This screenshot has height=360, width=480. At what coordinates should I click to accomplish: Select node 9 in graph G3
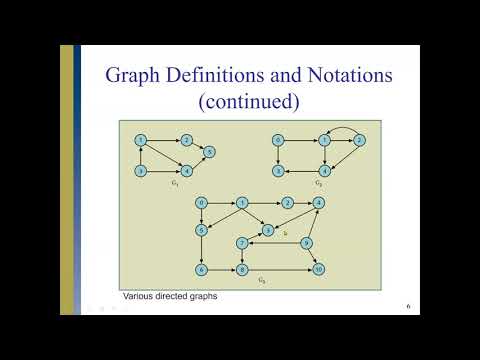pyautogui.click(x=307, y=243)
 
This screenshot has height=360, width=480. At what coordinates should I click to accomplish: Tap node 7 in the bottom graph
pyautogui.click(x=242, y=243)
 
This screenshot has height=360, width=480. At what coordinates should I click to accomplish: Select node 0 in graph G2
pyautogui.click(x=278, y=139)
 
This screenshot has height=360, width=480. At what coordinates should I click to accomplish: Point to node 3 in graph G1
pyautogui.click(x=142, y=171)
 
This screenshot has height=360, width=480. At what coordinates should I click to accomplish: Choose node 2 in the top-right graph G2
pyautogui.click(x=358, y=139)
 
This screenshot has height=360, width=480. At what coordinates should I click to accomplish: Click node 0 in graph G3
pyautogui.click(x=201, y=203)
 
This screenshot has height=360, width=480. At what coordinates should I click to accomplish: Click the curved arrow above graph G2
pyautogui.click(x=342, y=126)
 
